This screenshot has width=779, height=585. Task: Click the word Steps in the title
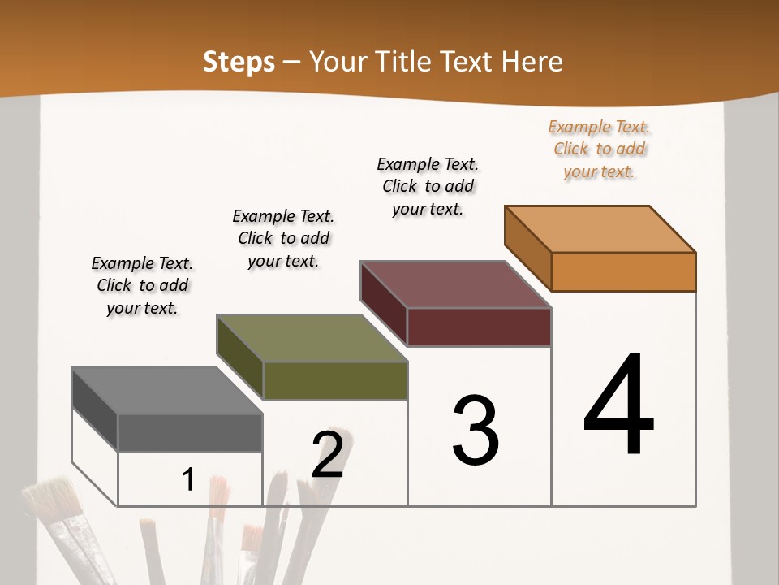239,63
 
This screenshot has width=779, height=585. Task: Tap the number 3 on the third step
476,430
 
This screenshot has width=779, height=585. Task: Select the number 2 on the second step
327,455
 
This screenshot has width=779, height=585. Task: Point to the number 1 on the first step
188,479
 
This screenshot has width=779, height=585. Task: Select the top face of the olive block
312,338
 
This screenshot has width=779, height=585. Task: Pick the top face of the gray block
167,391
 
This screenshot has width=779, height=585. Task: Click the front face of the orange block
623,271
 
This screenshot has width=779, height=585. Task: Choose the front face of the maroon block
479,327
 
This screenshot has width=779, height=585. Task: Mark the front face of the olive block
335,380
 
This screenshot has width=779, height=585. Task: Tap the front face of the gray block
190,432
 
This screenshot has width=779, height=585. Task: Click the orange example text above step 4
599,149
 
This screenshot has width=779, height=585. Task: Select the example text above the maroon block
428,186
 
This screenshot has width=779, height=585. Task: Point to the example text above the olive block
283,238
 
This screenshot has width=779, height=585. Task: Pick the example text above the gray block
142,285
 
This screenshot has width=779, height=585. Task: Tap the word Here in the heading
533,63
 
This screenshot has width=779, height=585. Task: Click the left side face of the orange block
528,249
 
